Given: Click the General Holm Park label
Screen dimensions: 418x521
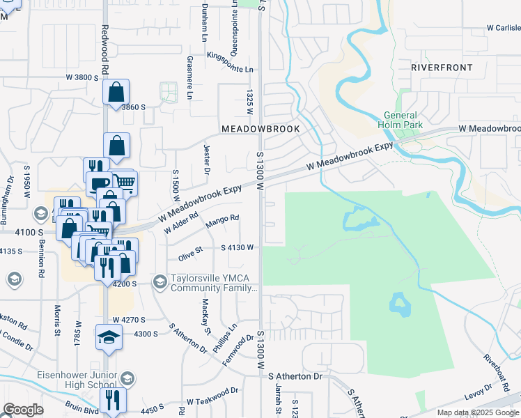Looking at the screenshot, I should coord(400,120).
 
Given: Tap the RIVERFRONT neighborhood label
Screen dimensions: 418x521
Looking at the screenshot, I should coord(442,68).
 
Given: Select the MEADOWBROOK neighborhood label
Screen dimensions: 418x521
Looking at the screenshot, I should coord(260,129).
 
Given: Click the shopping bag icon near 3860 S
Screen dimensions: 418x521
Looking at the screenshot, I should coord(116,91).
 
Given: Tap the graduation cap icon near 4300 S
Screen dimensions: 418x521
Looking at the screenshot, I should coord(108,337).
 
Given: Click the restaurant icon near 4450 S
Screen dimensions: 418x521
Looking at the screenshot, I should coord(111,400).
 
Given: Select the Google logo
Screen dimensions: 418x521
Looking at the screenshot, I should coord(23,410).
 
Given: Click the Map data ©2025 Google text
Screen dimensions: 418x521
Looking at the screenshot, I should coord(477,412).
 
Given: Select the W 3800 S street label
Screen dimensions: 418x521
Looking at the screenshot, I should coord(84,77).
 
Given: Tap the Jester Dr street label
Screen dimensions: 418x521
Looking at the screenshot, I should coord(207,159).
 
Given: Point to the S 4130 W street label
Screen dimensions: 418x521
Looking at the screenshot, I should coord(237,247).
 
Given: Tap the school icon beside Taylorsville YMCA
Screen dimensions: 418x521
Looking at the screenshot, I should coord(160,281).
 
